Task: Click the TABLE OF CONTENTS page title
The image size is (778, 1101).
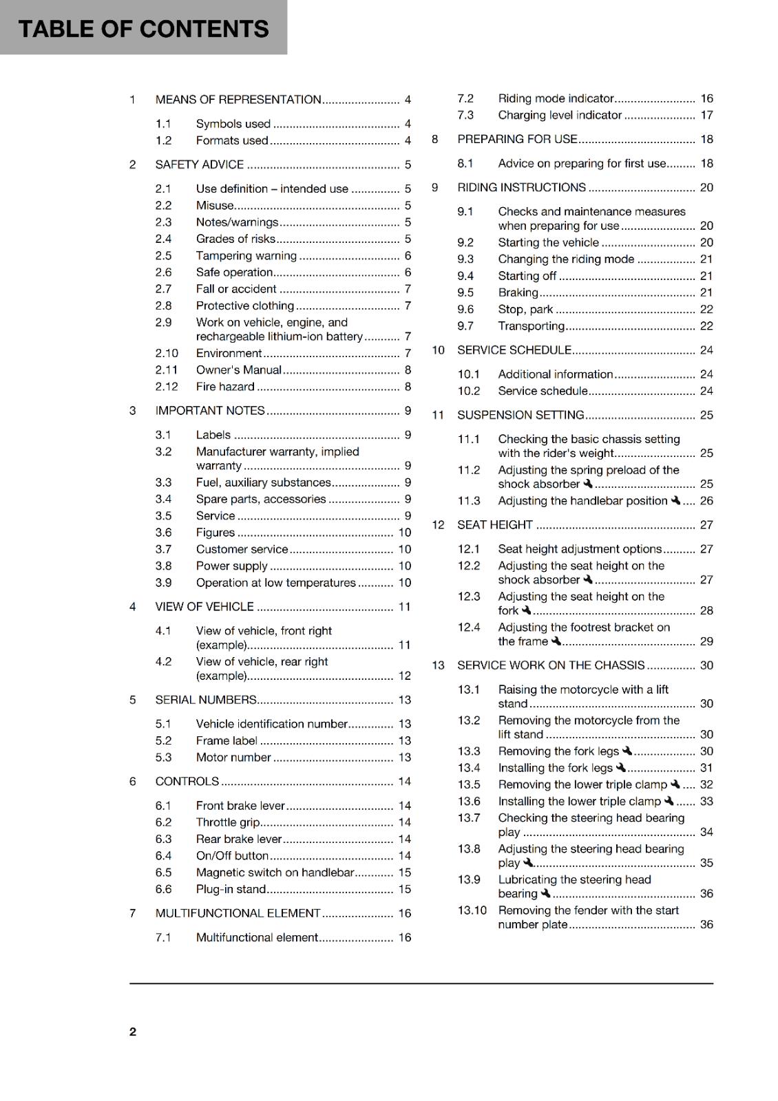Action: (x=143, y=29)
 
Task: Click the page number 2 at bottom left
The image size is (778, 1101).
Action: (x=133, y=1031)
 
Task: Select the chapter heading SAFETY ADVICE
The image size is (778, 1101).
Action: (x=199, y=164)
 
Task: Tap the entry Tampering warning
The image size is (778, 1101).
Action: (x=246, y=256)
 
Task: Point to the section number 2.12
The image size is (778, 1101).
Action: (x=166, y=387)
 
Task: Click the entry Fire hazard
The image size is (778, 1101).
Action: (x=224, y=387)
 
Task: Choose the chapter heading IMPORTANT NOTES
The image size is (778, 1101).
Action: (x=209, y=411)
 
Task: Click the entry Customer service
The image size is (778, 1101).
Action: (x=242, y=549)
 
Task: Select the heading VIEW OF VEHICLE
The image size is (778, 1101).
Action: (x=204, y=607)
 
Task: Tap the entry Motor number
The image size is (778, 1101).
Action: (x=233, y=758)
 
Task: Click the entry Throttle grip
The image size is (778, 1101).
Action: (x=227, y=822)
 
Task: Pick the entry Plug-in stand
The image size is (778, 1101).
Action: (x=230, y=889)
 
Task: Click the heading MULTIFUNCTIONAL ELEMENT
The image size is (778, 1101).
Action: (x=238, y=913)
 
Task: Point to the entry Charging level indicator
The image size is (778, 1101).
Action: (x=559, y=116)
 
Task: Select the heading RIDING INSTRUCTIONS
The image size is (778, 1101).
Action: (x=521, y=188)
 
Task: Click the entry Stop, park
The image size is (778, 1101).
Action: (x=525, y=310)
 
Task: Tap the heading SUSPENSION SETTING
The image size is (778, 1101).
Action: (x=520, y=415)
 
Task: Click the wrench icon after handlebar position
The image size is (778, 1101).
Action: (x=675, y=500)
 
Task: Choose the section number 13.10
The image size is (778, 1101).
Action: (x=472, y=910)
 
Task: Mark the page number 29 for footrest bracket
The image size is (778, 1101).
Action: (x=706, y=641)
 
